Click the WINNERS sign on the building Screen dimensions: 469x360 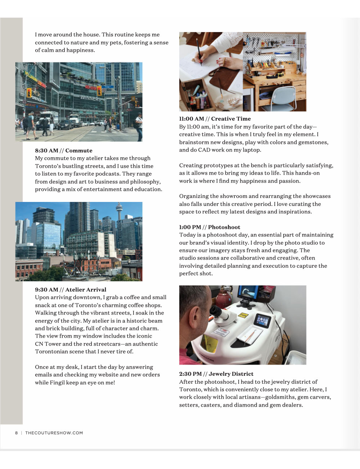[90, 98]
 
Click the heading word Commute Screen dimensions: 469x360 [78, 150]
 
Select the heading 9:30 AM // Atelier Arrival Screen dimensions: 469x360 [71, 289]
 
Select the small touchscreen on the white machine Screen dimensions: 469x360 [262, 320]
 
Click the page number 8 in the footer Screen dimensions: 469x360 [16, 433]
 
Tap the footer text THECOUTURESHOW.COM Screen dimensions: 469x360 [54, 433]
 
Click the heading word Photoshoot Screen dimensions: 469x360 [224, 227]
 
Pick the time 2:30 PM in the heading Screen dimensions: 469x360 [190, 374]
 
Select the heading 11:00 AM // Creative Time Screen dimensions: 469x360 [215, 119]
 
